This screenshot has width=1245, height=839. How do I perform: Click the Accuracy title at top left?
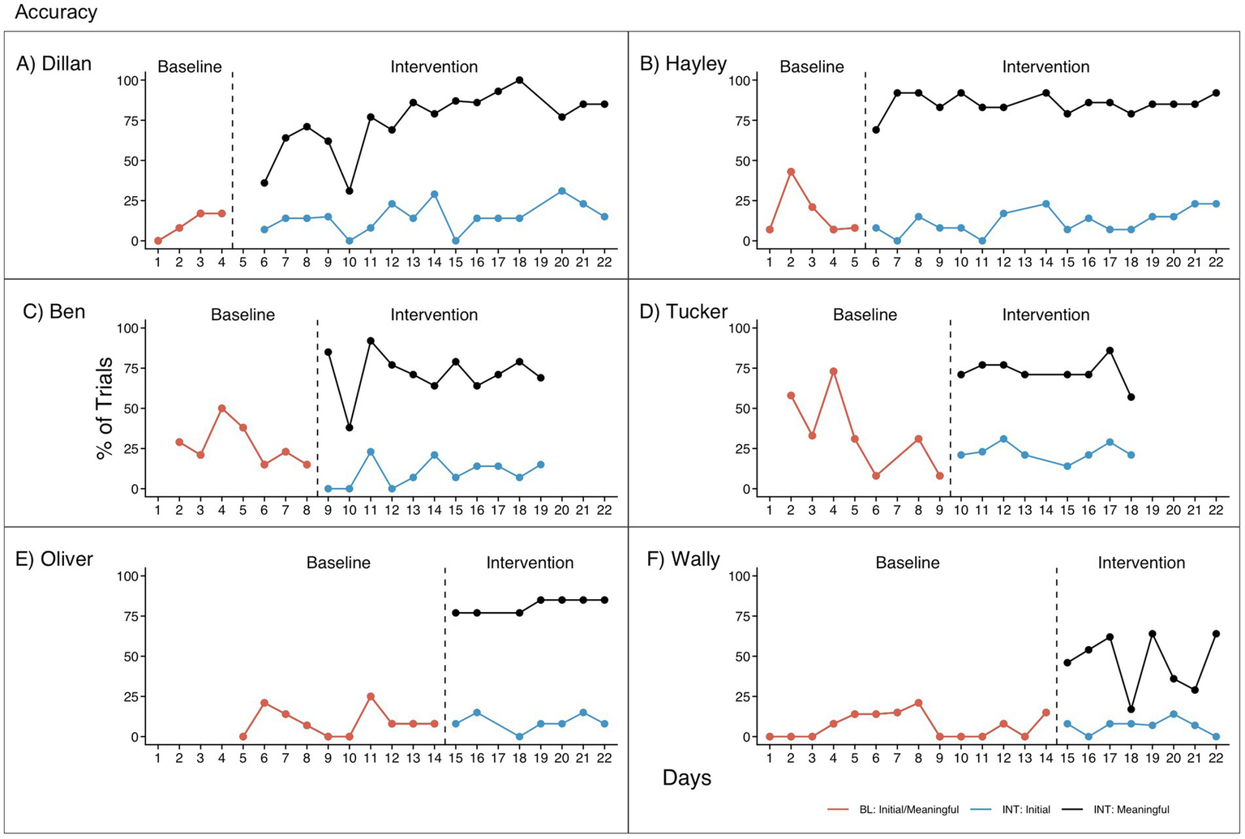pyautogui.click(x=55, y=12)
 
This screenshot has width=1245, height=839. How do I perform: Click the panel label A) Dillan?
pyautogui.click(x=54, y=64)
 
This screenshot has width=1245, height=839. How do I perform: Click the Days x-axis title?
pyautogui.click(x=686, y=778)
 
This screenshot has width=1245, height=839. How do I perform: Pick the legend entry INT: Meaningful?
pyautogui.click(x=1131, y=810)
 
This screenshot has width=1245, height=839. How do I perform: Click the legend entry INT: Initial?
pyautogui.click(x=1026, y=810)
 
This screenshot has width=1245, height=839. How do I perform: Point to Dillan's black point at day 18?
pyautogui.click(x=519, y=80)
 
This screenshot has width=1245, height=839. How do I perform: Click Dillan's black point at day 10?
pyautogui.click(x=349, y=191)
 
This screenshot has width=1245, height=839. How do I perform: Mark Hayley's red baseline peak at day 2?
pyautogui.click(x=791, y=172)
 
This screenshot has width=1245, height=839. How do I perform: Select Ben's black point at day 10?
pyautogui.click(x=349, y=427)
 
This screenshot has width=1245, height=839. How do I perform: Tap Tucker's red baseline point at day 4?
pyautogui.click(x=833, y=371)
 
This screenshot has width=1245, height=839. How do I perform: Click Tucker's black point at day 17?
pyautogui.click(x=1110, y=350)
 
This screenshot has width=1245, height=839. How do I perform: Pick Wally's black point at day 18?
pyautogui.click(x=1131, y=709)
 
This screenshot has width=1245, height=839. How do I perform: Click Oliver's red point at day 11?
pyautogui.click(x=371, y=696)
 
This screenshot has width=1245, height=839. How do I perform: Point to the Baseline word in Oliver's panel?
pyautogui.click(x=338, y=563)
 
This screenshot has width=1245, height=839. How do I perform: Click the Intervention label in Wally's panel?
pyautogui.click(x=1141, y=563)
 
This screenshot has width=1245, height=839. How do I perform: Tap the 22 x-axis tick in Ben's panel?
pyautogui.click(x=604, y=510)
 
